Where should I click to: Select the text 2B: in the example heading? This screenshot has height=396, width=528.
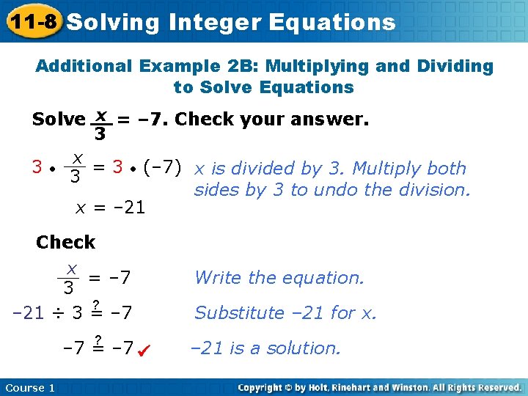point(243,66)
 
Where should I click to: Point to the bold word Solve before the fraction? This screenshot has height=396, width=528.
point(59,119)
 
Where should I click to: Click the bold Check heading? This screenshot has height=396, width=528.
point(65,242)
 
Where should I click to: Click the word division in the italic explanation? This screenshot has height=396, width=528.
point(433,190)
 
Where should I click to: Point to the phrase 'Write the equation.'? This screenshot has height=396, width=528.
point(279,277)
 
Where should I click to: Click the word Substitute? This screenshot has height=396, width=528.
point(235,313)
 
